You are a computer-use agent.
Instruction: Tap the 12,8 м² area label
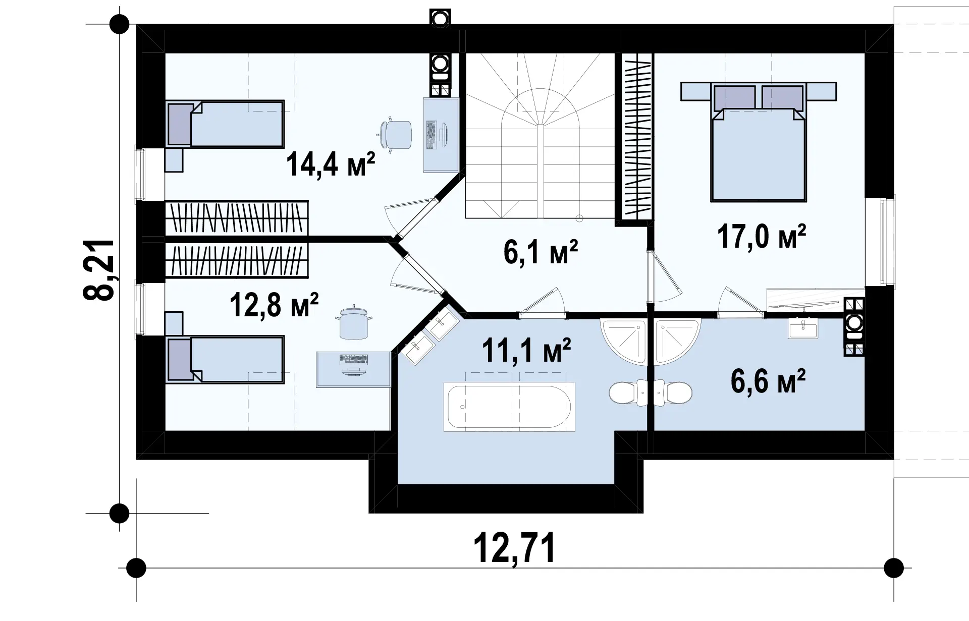(274, 304)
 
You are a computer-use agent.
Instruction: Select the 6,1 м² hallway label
(541, 252)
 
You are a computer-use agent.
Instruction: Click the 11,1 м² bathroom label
(526, 350)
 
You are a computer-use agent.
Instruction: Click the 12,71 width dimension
(514, 548)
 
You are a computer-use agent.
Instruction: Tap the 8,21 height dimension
(99, 269)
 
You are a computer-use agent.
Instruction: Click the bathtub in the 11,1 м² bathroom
(509, 407)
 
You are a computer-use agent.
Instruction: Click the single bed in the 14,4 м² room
(225, 124)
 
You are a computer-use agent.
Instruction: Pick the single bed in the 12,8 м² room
(225, 359)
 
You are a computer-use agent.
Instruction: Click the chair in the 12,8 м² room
(353, 323)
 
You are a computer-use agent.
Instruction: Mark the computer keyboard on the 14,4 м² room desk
(432, 135)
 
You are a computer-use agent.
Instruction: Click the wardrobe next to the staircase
(634, 138)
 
